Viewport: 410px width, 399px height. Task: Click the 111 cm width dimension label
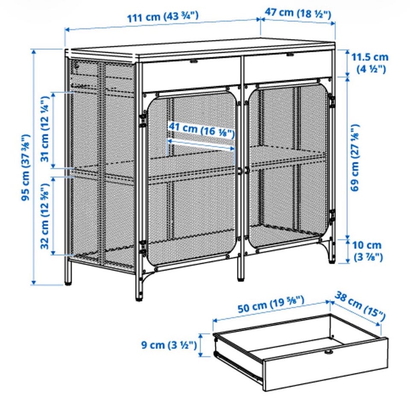click(x=163, y=16)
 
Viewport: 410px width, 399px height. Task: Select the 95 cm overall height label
click(x=26, y=167)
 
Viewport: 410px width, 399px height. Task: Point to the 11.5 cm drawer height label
click(x=369, y=63)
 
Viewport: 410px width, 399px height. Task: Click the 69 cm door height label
click(x=355, y=157)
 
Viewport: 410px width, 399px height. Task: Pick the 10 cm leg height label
click(x=367, y=251)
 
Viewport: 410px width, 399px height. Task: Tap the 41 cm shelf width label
click(x=201, y=130)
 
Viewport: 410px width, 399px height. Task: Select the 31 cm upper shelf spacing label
click(x=45, y=129)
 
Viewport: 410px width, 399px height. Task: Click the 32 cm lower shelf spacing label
click(x=45, y=216)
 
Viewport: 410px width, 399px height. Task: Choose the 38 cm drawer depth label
click(x=360, y=306)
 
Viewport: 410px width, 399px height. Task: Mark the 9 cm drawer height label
click(x=169, y=345)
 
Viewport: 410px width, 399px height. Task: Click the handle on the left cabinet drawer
click(x=194, y=62)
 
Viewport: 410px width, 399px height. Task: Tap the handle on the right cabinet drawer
click(x=290, y=55)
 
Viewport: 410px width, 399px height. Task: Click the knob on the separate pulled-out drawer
click(x=328, y=352)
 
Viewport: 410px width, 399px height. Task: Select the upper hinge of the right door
click(x=332, y=102)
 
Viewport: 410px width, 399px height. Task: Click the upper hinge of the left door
click(x=143, y=120)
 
